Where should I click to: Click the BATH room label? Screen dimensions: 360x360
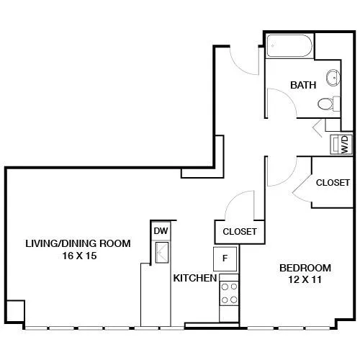click(303, 85)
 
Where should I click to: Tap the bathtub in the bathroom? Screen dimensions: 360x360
click(289, 46)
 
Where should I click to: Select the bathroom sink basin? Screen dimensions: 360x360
click(333, 78)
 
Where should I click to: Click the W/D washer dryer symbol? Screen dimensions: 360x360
click(341, 144)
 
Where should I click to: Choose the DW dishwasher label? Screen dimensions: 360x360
click(161, 231)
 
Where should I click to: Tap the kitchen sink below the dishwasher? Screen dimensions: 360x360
click(162, 253)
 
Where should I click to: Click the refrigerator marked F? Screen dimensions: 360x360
click(225, 258)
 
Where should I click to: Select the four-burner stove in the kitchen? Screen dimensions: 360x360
click(229, 293)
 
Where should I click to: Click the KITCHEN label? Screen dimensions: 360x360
click(195, 278)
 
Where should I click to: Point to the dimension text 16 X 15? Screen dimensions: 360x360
click(79, 256)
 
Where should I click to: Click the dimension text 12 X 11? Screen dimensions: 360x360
click(305, 279)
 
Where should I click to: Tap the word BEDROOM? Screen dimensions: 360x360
click(305, 268)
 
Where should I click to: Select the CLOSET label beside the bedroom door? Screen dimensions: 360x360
click(333, 183)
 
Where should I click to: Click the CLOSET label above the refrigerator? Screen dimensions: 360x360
click(240, 232)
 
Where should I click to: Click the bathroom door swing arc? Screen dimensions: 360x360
click(288, 96)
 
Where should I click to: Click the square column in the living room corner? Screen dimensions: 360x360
click(15, 311)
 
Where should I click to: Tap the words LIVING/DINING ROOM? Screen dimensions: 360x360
click(78, 243)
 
